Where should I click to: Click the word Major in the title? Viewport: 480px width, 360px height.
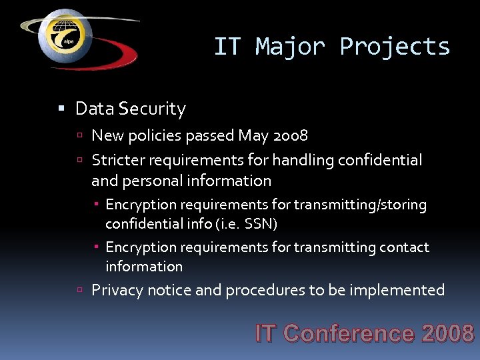291,47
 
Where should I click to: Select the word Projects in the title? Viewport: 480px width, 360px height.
395,47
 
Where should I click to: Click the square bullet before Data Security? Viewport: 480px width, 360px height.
62,109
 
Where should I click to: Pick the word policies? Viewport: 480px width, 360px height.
155,136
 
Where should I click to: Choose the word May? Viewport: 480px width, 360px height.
253,136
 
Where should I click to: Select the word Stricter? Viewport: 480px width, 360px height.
117,160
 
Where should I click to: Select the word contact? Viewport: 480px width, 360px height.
404,247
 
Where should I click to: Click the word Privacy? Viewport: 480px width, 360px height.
117,290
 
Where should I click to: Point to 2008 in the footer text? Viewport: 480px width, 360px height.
447,333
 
